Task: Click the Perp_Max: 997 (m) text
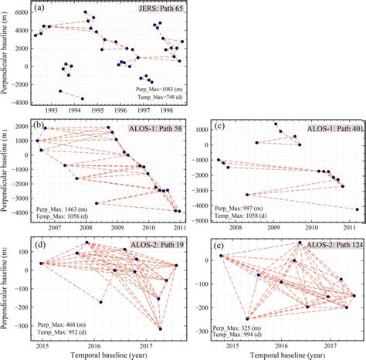(241, 209)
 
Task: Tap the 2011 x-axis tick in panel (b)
(178, 228)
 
